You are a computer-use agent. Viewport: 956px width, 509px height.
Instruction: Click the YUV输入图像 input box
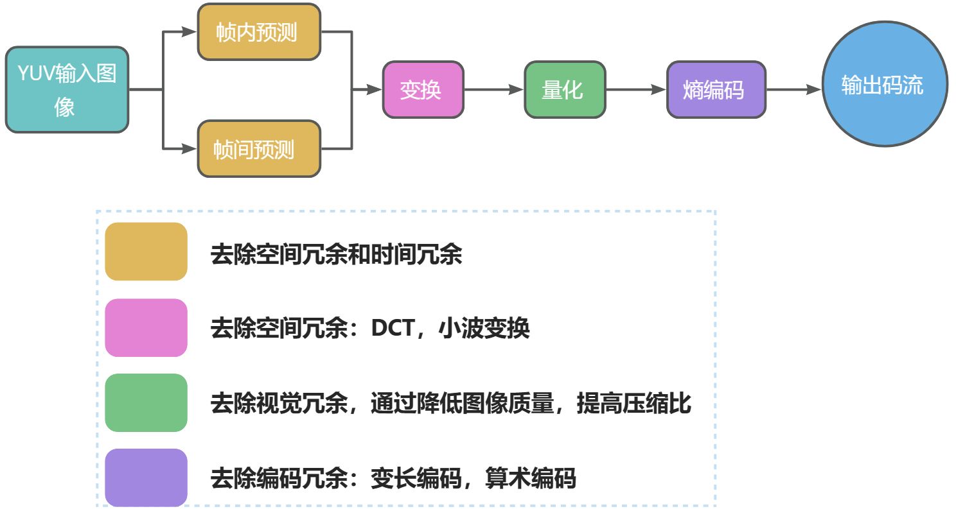[67, 90]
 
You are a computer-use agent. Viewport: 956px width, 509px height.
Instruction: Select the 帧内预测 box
[259, 32]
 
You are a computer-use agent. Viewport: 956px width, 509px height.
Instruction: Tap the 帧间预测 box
[259, 149]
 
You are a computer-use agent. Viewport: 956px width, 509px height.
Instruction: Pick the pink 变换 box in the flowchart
[423, 90]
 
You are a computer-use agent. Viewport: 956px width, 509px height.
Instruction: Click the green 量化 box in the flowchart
[565, 90]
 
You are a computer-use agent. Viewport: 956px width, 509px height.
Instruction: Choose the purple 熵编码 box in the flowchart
[716, 90]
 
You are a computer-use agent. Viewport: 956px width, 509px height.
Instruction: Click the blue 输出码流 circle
[885, 84]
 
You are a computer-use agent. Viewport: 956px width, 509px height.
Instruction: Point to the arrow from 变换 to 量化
[493, 90]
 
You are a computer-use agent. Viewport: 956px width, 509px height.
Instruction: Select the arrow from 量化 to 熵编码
[635, 90]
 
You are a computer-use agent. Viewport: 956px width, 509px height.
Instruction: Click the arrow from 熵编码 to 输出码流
[793, 90]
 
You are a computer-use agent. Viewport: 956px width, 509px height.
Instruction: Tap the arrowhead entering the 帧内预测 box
[190, 32]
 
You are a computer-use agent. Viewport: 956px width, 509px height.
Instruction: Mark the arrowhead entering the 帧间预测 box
[190, 149]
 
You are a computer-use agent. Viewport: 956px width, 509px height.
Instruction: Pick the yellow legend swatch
[146, 252]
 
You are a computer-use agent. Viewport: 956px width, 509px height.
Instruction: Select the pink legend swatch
[146, 327]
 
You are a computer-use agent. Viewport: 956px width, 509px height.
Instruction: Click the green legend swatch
[146, 402]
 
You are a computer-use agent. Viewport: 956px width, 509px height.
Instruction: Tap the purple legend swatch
[146, 478]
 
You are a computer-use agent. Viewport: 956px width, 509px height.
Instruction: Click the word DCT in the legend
[392, 329]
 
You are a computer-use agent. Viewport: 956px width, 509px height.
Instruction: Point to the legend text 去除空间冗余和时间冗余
[336, 255]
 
